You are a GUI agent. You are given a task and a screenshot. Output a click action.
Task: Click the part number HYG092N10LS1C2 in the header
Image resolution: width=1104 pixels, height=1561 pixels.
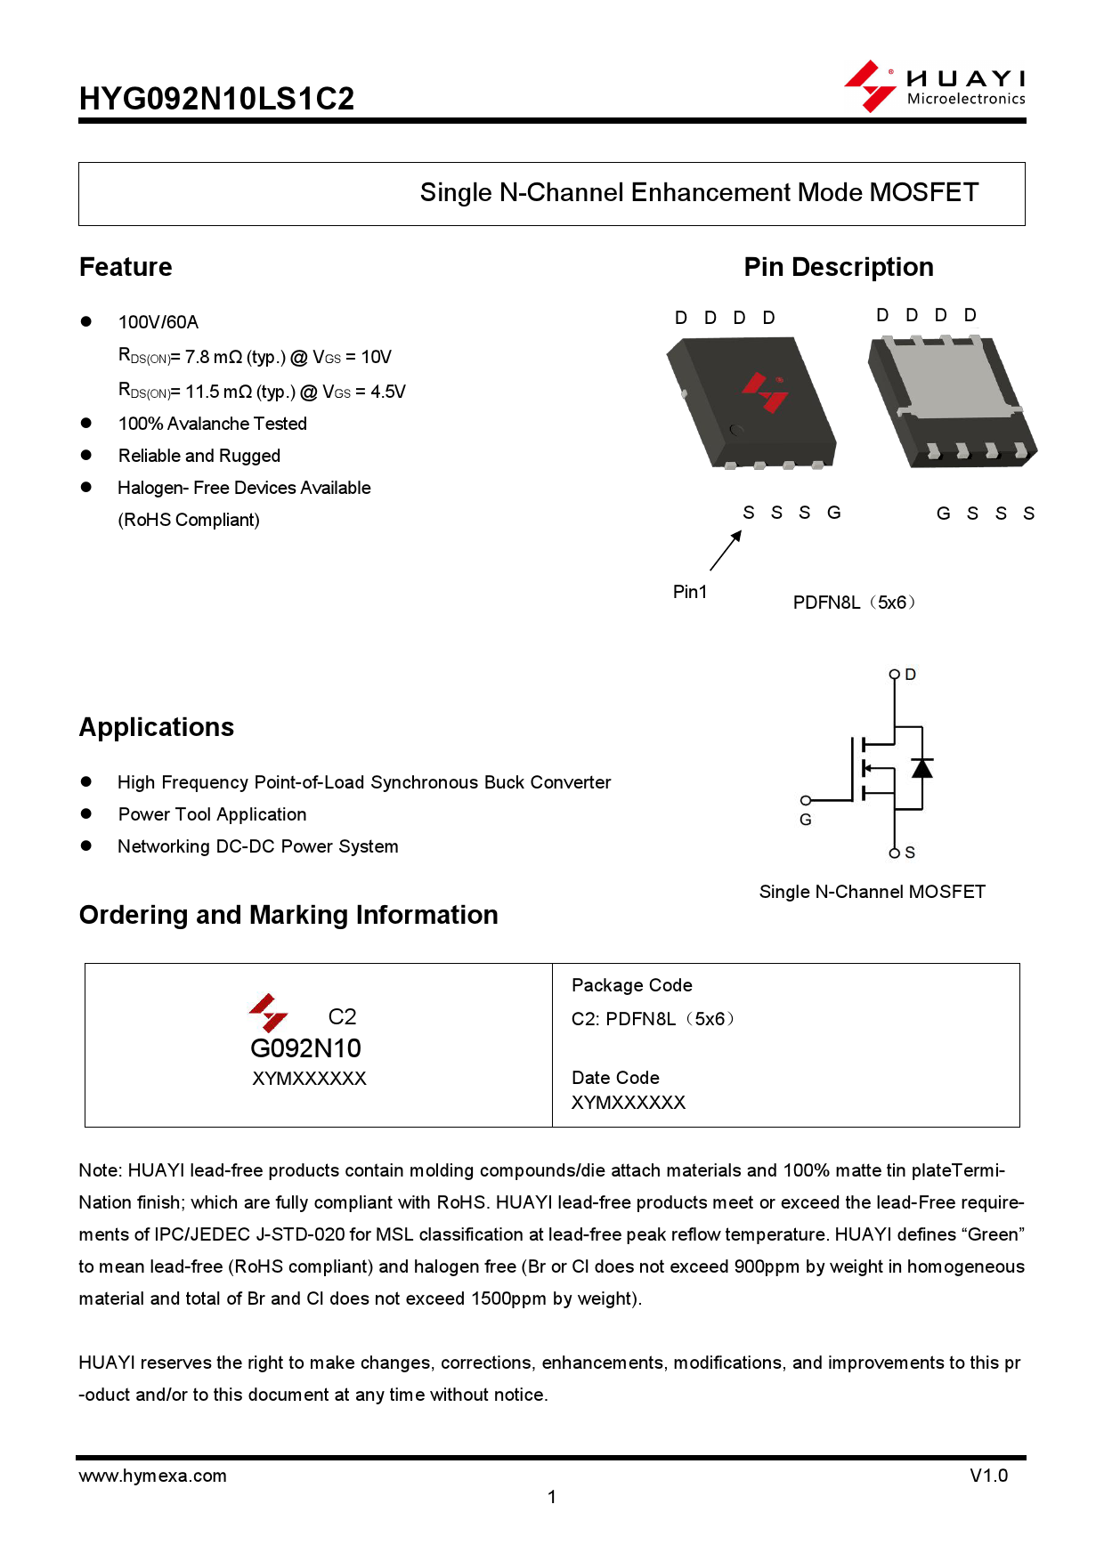(216, 99)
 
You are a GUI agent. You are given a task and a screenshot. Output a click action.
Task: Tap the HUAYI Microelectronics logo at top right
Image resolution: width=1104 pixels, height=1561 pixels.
(935, 86)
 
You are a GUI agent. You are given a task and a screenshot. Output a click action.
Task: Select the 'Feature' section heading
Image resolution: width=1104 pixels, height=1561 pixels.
(126, 267)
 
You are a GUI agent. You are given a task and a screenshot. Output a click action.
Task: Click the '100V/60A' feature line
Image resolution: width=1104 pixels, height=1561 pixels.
(158, 322)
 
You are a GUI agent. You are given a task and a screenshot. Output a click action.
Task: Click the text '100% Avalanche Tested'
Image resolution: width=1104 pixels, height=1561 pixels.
(212, 424)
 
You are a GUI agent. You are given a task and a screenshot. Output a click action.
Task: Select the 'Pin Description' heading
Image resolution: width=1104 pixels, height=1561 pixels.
(838, 267)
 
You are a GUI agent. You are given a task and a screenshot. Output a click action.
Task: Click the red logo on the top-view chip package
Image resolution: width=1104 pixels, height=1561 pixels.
(765, 392)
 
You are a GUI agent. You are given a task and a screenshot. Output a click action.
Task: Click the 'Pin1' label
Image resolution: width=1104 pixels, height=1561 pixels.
(689, 592)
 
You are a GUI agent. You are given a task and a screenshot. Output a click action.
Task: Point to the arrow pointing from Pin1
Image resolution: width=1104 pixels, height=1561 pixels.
(726, 550)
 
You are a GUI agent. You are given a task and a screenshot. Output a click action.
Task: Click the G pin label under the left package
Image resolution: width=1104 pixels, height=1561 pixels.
(833, 513)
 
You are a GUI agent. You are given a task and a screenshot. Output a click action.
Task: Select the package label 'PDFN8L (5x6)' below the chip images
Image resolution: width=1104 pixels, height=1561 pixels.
(853, 603)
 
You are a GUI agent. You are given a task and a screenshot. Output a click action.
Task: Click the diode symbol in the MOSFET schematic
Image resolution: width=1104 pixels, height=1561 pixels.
(922, 767)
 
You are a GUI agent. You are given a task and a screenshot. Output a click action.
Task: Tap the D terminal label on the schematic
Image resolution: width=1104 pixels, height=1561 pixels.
(910, 675)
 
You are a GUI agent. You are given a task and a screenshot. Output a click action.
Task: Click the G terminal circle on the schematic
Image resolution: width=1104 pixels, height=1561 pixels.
(805, 800)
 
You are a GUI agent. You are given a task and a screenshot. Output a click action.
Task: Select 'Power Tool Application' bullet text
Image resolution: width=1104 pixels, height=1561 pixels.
(212, 814)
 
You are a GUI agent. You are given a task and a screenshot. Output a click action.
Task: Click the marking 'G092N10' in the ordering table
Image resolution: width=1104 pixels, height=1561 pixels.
(305, 1047)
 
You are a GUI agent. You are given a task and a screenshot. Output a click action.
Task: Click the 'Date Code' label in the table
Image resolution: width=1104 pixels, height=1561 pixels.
(615, 1078)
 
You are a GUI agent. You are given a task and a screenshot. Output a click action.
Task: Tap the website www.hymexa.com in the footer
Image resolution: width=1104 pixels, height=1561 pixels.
(152, 1476)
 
